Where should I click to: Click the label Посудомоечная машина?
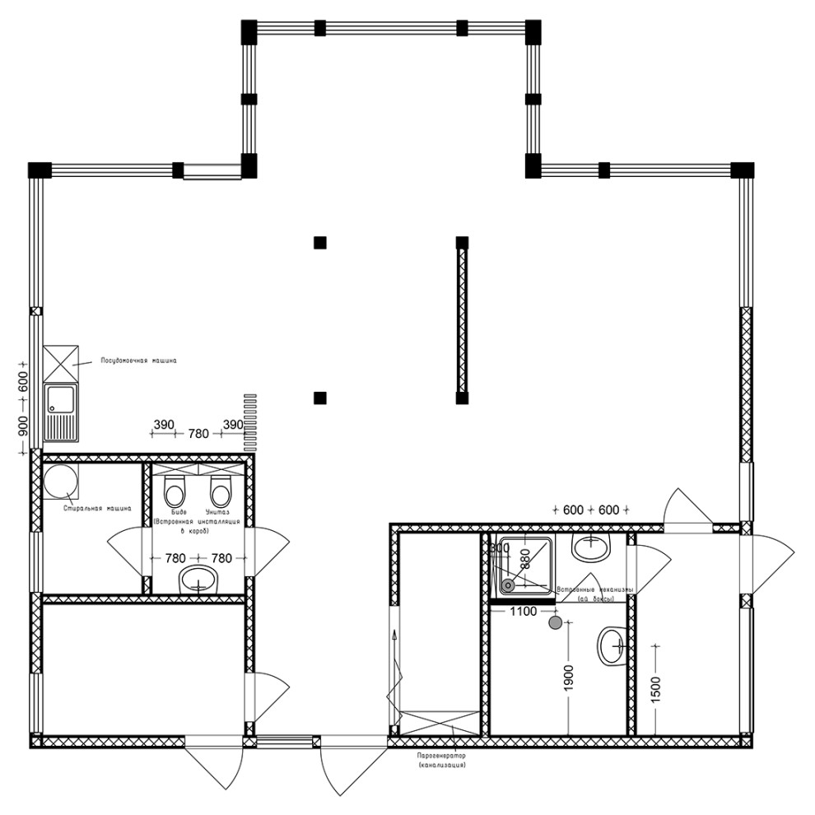click(x=138, y=361)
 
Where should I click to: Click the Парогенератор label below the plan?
click(x=442, y=755)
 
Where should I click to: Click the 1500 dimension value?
click(x=655, y=682)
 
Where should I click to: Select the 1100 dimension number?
click(x=524, y=612)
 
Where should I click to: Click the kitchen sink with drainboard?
click(x=61, y=411)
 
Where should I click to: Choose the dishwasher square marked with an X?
click(x=61, y=362)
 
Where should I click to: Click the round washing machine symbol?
click(x=61, y=482)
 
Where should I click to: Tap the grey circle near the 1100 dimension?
click(x=556, y=623)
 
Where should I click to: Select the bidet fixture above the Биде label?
click(x=175, y=493)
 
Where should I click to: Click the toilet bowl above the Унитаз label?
click(x=220, y=493)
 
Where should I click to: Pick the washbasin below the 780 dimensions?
click(x=199, y=579)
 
